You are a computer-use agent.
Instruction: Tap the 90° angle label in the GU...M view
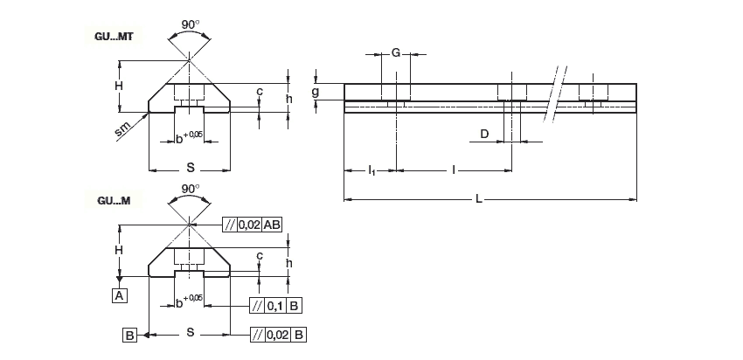[190, 188]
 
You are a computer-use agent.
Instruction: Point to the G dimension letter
[395, 53]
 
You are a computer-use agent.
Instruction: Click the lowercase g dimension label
[316, 91]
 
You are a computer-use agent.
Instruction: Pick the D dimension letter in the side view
[483, 134]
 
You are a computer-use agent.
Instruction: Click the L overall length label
[479, 200]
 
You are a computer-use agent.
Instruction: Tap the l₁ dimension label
[371, 169]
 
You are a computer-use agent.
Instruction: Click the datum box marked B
[128, 334]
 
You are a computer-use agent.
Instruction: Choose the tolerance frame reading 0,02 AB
[253, 225]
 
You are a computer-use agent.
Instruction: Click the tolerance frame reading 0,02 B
[277, 334]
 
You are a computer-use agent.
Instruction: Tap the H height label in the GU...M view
[117, 250]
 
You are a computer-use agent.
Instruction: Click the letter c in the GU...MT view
[259, 91]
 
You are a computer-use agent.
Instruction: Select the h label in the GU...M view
[288, 264]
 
